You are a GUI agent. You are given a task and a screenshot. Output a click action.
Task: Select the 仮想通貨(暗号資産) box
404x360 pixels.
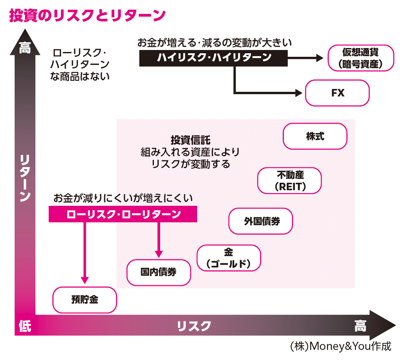(x=361, y=58)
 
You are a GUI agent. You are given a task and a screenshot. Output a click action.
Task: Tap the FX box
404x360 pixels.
(x=337, y=93)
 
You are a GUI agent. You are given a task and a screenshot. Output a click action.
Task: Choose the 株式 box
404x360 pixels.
(x=315, y=136)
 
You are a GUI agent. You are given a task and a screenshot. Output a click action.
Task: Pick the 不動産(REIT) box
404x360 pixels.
(x=289, y=181)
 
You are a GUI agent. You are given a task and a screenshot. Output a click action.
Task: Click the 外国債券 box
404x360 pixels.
(x=261, y=221)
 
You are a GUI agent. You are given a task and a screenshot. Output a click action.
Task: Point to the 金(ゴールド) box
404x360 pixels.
(x=229, y=258)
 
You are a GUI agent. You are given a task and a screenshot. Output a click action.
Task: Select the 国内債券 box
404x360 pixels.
(x=159, y=272)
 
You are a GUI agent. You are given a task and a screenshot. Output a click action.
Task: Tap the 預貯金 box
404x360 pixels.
(x=85, y=300)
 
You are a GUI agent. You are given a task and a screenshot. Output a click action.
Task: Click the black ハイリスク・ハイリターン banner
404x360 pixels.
(x=214, y=58)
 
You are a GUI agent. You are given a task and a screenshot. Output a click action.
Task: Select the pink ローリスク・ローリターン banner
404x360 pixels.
(x=123, y=214)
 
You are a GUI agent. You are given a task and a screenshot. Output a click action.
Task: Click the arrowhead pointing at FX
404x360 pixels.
(x=299, y=93)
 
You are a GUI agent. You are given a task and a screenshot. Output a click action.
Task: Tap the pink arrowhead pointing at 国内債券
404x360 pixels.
(x=159, y=253)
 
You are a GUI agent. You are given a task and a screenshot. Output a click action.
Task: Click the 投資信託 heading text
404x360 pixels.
(x=190, y=140)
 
